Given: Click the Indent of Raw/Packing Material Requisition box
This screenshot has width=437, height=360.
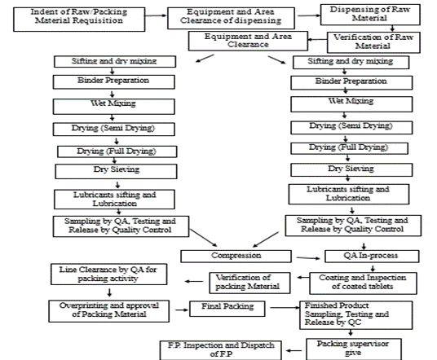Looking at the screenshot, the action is point(79,20).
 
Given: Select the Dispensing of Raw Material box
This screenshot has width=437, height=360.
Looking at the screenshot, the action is point(370,15).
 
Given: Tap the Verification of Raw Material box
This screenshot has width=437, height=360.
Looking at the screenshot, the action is point(373,42).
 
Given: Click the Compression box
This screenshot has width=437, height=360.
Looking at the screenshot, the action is point(236,256).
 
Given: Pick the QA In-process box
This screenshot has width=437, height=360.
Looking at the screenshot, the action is point(372,256).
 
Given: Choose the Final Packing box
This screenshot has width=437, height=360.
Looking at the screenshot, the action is point(227,309).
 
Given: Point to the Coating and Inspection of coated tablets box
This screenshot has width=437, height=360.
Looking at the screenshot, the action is point(363,283).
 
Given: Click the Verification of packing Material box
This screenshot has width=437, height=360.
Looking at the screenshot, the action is point(249,283).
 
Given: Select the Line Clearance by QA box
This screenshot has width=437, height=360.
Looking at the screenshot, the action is point(109,274).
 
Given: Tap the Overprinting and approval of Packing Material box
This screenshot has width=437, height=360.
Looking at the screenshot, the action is point(109,311).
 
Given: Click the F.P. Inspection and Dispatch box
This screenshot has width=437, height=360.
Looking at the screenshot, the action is point(221,350).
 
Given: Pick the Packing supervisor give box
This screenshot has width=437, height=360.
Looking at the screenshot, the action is point(354,349).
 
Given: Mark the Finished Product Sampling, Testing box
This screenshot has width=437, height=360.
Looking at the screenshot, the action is point(356,315).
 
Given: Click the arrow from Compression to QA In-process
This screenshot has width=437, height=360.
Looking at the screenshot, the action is point(308,258).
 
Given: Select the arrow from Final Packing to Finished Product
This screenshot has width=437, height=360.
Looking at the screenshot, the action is point(285,308).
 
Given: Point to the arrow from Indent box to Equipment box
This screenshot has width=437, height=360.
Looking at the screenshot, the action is point(156,15).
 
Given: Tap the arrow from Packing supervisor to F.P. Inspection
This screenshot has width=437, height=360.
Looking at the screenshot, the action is point(294,350).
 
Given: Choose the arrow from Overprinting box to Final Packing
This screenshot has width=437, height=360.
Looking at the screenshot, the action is point(182,310).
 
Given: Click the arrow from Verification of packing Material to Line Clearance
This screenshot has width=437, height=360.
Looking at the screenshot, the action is point(194,281).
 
